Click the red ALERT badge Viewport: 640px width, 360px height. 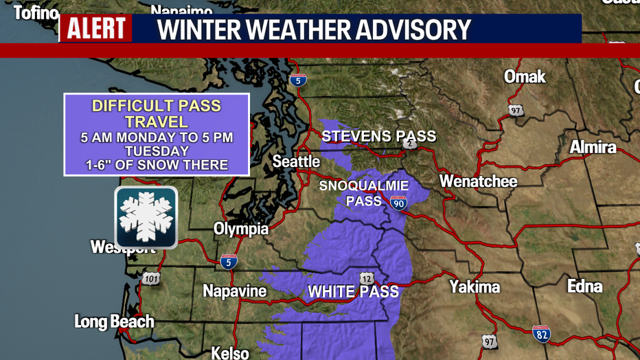[x=95, y=28]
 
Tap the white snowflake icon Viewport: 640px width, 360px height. [x=146, y=217]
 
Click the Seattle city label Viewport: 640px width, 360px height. [x=296, y=161]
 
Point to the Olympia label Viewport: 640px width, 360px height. [x=241, y=229]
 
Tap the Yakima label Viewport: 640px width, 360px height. [x=475, y=286]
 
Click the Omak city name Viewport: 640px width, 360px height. [x=525, y=76]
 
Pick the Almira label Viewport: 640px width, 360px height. [x=593, y=147]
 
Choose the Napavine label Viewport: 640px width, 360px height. [x=235, y=291]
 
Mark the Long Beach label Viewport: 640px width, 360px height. [x=114, y=321]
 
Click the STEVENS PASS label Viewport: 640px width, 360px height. [x=379, y=136]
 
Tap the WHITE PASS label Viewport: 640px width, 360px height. [x=353, y=291]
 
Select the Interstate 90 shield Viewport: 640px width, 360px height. [x=398, y=202]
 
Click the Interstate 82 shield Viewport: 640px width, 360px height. [x=541, y=334]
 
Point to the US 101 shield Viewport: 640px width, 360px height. [x=151, y=278]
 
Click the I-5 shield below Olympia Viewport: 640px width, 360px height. [x=229, y=261]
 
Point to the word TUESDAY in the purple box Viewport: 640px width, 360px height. [x=157, y=151]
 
